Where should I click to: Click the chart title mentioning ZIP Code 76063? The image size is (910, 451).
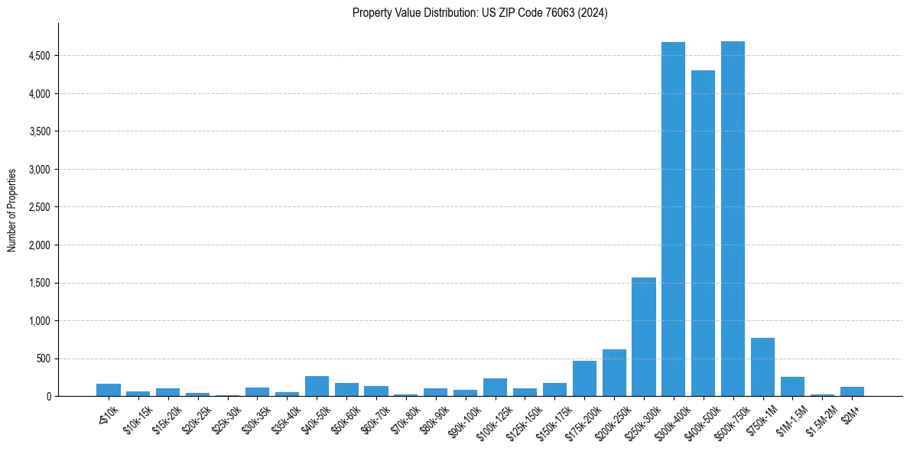pyautogui.click(x=479, y=13)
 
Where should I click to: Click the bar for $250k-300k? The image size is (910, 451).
pyautogui.click(x=643, y=337)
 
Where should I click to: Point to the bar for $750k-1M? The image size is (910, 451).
pyautogui.click(x=762, y=367)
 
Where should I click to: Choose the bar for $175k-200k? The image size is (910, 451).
pyautogui.click(x=584, y=378)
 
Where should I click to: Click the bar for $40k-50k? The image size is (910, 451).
pyautogui.click(x=317, y=386)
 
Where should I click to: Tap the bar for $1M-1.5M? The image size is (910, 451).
pyautogui.click(x=792, y=387)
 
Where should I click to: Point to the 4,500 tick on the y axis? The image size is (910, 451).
pyautogui.click(x=39, y=56)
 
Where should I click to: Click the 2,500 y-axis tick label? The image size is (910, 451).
pyautogui.click(x=39, y=207)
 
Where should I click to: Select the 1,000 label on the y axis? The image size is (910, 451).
pyautogui.click(x=39, y=321)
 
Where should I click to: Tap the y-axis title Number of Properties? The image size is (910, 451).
pyautogui.click(x=12, y=210)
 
